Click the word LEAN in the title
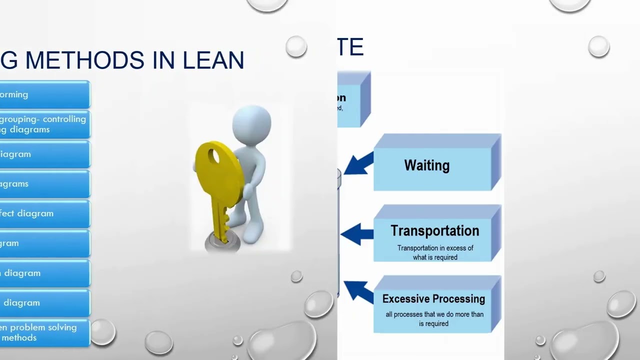coord(213,60)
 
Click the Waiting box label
coord(426,165)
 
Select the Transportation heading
coord(434,230)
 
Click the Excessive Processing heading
coord(433,299)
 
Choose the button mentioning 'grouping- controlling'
coord(44,124)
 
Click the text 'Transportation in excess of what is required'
coord(435,252)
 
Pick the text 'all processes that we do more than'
coord(434,314)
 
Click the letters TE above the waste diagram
coord(350,47)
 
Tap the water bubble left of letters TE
coord(296,46)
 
